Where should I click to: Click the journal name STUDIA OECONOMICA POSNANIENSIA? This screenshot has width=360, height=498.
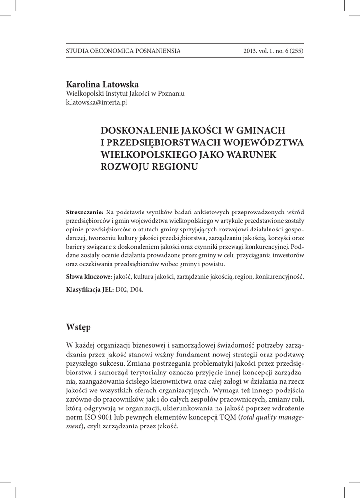click(x=123, y=51)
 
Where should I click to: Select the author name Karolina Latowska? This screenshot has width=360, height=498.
click(x=102, y=85)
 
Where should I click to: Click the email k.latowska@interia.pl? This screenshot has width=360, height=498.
click(x=96, y=103)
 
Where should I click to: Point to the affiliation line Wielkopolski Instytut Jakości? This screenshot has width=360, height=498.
click(x=125, y=94)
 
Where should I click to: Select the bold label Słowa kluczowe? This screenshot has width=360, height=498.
click(x=89, y=277)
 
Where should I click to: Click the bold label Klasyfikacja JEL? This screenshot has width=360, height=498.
click(x=90, y=289)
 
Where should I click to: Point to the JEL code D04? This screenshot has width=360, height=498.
click(x=137, y=289)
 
